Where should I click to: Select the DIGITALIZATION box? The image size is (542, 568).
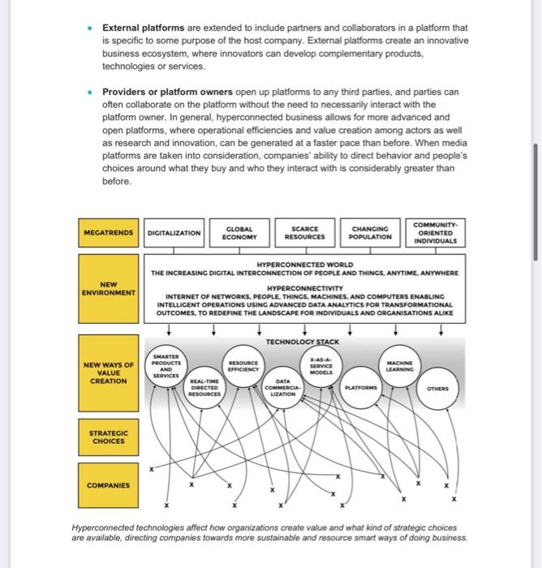point(174,233)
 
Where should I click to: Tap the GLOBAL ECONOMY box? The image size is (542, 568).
point(240,233)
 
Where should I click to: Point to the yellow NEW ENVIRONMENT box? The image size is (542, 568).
point(109,286)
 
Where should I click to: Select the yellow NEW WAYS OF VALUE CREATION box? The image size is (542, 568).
point(109,374)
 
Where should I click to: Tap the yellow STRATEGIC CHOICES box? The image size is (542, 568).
point(109,438)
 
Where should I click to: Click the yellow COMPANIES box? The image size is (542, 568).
point(109,485)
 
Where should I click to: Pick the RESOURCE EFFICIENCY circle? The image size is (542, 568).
point(243,366)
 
